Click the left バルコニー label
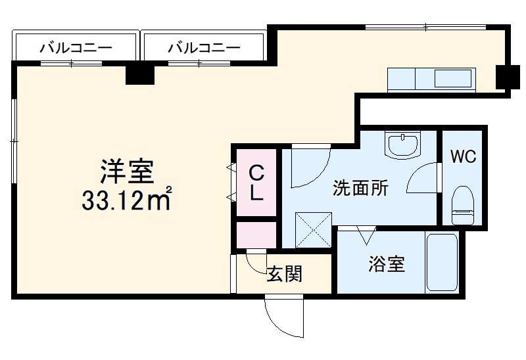(x=75, y=47)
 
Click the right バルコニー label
(x=204, y=47)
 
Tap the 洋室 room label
(x=127, y=171)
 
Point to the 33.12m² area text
(x=127, y=199)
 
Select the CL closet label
(x=256, y=183)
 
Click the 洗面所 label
(x=360, y=189)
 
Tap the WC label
(x=463, y=157)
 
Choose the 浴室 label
(x=386, y=265)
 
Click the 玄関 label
(x=285, y=274)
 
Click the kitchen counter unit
(x=431, y=79)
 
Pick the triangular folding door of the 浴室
(x=366, y=233)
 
